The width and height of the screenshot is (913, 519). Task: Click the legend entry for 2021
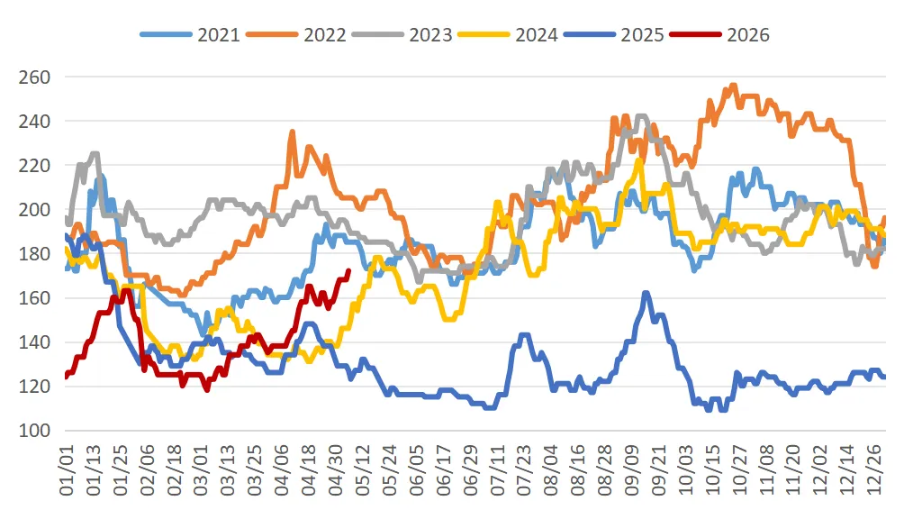click(x=190, y=35)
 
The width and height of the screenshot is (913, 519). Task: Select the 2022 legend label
click(x=296, y=35)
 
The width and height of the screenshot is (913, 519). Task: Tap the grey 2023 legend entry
click(x=402, y=35)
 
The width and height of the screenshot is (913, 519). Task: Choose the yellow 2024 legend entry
click(x=508, y=35)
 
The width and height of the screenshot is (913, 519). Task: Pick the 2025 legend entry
click(x=614, y=35)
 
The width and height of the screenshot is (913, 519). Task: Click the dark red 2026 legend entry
click(x=719, y=35)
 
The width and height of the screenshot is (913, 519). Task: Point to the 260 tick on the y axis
click(x=34, y=77)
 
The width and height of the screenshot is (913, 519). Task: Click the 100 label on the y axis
click(x=34, y=431)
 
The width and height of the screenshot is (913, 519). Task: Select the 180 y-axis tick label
click(x=34, y=254)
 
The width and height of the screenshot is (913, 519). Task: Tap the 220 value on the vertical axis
click(x=34, y=166)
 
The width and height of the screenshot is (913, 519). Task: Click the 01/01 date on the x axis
click(x=67, y=470)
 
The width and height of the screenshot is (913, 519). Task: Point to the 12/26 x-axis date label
click(x=874, y=470)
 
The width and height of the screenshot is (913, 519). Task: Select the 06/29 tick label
click(x=471, y=470)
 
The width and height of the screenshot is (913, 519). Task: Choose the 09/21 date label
click(x=658, y=470)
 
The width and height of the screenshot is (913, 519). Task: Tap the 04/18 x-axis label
click(x=309, y=470)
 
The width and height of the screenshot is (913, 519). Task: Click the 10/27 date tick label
click(x=739, y=470)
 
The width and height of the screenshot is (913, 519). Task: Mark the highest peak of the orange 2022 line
click(x=734, y=85)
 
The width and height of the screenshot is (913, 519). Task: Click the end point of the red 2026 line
click(x=348, y=270)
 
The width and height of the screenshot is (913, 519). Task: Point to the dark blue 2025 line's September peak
click(x=646, y=293)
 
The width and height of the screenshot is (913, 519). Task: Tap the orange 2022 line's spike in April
click(x=293, y=132)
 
